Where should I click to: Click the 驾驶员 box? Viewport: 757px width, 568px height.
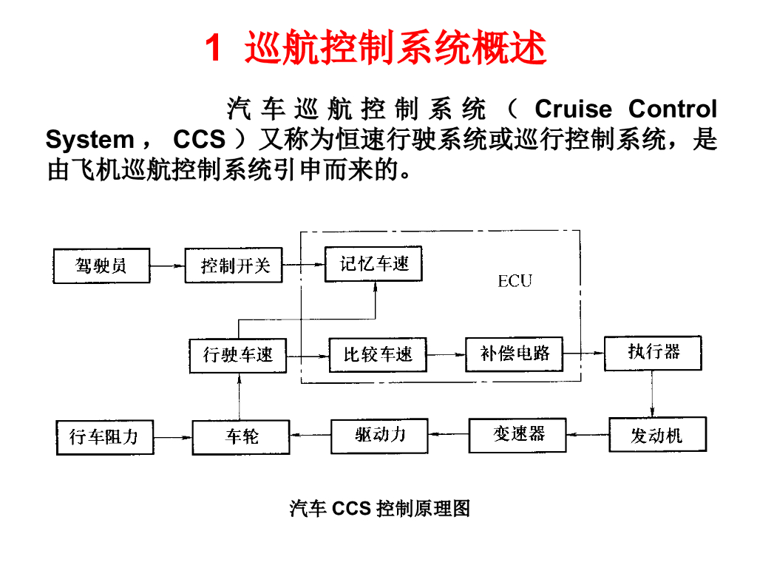click(x=101, y=266)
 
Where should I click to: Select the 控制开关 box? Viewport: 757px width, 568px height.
click(x=234, y=266)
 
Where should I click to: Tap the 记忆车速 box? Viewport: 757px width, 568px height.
click(x=373, y=264)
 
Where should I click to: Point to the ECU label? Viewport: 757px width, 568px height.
click(x=515, y=281)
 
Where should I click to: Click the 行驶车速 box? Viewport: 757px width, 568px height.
click(x=238, y=355)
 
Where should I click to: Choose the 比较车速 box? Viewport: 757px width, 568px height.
click(x=378, y=355)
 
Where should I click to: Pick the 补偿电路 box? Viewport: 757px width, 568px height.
click(x=515, y=354)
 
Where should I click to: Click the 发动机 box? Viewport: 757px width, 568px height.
click(x=657, y=435)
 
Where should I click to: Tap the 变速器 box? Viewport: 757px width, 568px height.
click(x=518, y=435)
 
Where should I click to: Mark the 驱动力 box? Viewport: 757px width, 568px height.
click(x=380, y=434)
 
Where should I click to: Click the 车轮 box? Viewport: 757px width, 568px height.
click(x=241, y=436)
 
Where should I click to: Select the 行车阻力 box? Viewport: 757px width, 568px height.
click(x=104, y=437)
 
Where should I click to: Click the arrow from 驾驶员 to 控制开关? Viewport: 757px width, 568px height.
click(x=167, y=266)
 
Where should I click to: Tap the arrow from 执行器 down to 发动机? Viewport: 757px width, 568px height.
click(x=653, y=393)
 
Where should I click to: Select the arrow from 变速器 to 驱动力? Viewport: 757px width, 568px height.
click(x=449, y=435)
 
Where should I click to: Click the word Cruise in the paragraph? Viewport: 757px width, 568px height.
click(x=573, y=109)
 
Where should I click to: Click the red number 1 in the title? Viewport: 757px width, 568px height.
click(x=212, y=49)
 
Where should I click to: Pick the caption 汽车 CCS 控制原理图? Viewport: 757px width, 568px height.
click(x=379, y=509)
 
